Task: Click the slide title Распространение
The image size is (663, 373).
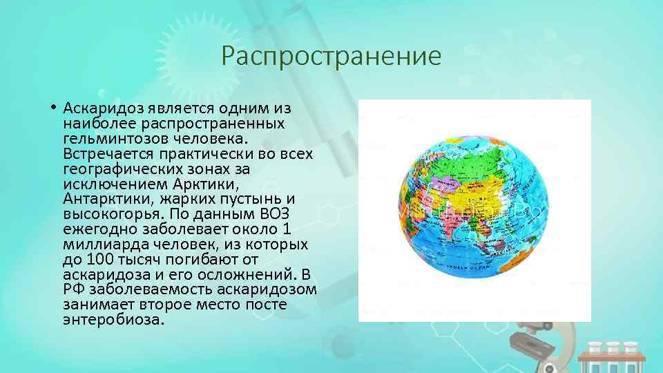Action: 331,56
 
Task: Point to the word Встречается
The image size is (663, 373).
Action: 104,154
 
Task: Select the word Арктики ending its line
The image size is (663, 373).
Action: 212,184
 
